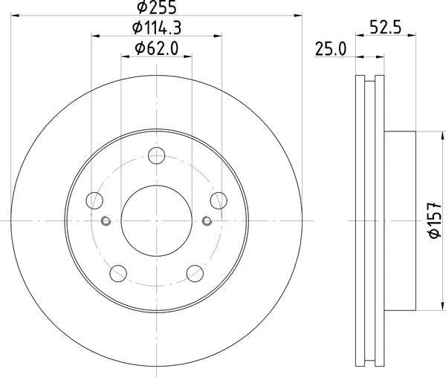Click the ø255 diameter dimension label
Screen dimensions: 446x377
157,7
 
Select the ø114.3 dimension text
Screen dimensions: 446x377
157,27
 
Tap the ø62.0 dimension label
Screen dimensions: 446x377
157,48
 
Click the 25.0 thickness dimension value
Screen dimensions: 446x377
331,48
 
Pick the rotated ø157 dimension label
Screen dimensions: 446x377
435,220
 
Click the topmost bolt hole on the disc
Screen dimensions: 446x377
156,156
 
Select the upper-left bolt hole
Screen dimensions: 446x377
94,200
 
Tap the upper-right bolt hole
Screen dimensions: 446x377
219,200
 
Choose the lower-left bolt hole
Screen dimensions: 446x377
118,273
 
